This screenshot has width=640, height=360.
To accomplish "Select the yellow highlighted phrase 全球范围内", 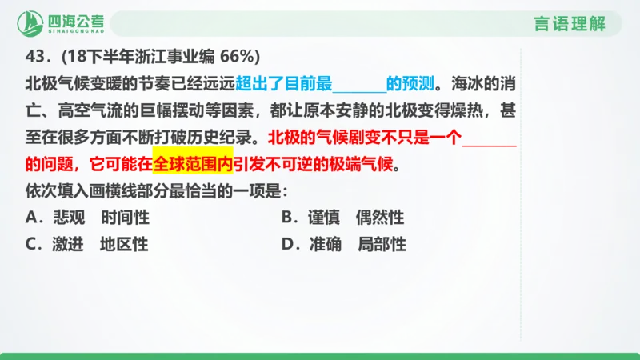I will pyautogui.click(x=192, y=165).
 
